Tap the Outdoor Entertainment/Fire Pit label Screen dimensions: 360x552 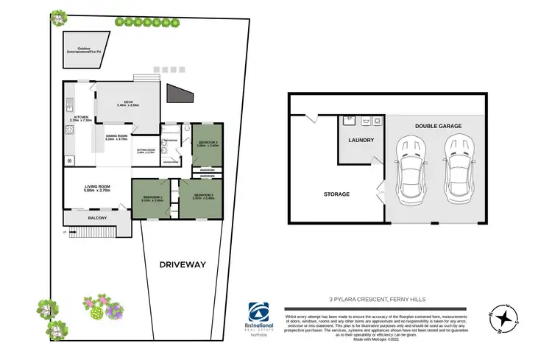[83, 49]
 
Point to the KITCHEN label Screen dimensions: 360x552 [79, 118]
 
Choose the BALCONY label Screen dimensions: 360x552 [96, 217]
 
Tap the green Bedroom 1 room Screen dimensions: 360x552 [152, 199]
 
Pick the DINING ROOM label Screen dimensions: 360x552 [117, 137]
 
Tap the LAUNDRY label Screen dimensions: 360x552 [361, 140]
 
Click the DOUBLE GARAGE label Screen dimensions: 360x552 [437, 126]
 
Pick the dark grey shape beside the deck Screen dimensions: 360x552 [179, 94]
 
